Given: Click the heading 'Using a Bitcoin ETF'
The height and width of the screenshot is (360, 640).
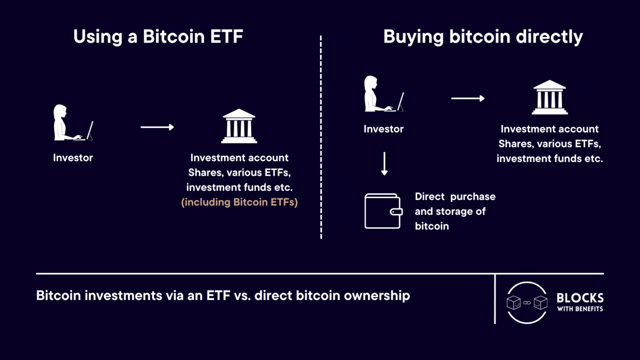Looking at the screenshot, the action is click(158, 37).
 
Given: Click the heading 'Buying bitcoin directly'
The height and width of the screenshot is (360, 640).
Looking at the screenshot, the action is click(483, 37).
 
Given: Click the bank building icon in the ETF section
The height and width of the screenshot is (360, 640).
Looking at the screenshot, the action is click(239, 126).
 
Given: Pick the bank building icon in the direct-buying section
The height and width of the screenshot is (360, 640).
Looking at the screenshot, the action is click(550, 97).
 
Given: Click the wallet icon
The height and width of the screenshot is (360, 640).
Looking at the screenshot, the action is click(383, 211).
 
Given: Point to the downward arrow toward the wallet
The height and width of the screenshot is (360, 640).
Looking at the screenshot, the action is click(384, 164).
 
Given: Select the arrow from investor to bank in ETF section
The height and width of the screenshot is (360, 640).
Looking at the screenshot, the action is click(157, 127).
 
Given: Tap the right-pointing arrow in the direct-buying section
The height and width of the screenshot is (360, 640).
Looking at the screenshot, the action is click(468, 98).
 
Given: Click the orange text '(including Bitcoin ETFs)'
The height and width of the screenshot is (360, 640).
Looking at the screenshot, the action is click(239, 203).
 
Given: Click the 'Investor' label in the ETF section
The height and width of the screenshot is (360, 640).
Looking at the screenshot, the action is click(73, 157).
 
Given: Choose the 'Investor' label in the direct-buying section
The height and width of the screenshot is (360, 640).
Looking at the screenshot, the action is click(383, 129).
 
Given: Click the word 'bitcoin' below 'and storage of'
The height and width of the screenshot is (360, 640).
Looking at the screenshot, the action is click(432, 226).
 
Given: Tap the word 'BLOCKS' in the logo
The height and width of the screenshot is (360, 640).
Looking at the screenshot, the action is click(580, 298).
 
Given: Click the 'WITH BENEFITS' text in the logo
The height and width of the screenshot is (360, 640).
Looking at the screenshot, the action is click(580, 309).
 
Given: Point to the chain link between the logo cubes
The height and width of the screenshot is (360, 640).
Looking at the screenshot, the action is click(527, 303).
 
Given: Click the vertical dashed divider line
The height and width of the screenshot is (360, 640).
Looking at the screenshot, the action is click(321, 137).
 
